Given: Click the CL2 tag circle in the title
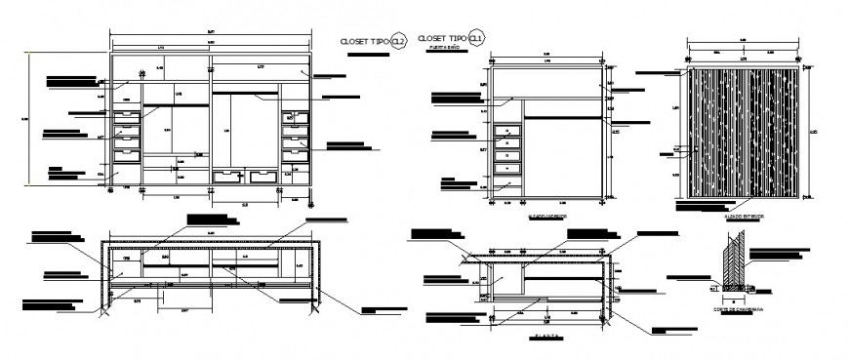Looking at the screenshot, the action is [397, 42].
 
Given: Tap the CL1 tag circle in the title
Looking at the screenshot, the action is [476, 37].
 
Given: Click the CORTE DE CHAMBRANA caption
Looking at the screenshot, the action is [739, 309].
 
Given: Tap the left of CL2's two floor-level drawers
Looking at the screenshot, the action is [228, 177].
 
